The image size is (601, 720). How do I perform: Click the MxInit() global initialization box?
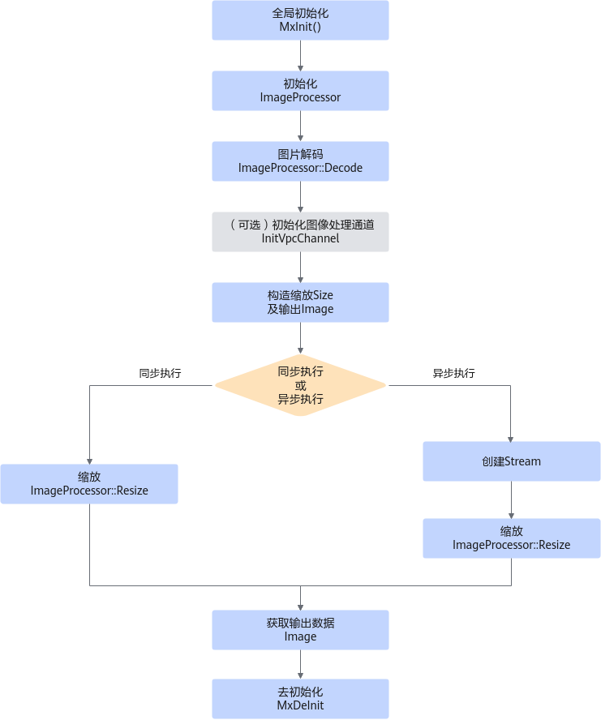pyautogui.click(x=300, y=20)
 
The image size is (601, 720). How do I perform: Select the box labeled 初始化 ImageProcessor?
pyautogui.click(x=300, y=91)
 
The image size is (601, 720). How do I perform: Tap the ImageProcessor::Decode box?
pyautogui.click(x=300, y=161)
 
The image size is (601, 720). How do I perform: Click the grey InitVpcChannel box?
pyautogui.click(x=300, y=232)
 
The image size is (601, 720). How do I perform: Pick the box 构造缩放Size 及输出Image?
pyautogui.click(x=300, y=302)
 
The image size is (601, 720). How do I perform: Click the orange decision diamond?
pyautogui.click(x=300, y=385)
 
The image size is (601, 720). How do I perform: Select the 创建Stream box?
pyautogui.click(x=512, y=461)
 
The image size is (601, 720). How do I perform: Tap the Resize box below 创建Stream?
pyautogui.click(x=512, y=538)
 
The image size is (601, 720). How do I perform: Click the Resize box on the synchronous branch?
pyautogui.click(x=89, y=484)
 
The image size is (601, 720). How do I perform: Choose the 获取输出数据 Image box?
pyautogui.click(x=300, y=630)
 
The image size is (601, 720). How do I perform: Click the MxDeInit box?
pyautogui.click(x=300, y=699)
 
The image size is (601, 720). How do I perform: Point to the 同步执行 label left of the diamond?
pyautogui.click(x=160, y=373)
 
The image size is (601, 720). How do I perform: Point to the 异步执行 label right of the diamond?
pyautogui.click(x=454, y=373)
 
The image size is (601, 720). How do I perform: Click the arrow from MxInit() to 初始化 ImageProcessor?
pyautogui.click(x=300, y=56)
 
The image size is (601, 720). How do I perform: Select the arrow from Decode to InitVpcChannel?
pyautogui.click(x=300, y=196)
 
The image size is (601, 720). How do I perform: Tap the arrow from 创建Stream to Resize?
pyautogui.click(x=512, y=500)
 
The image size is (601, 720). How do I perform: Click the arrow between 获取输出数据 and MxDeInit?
pyautogui.click(x=300, y=664)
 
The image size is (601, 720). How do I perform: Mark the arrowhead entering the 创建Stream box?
pyautogui.click(x=510, y=439)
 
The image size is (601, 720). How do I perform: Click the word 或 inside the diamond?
pyautogui.click(x=300, y=385)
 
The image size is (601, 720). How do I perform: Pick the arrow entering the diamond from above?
pyautogui.click(x=300, y=338)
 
